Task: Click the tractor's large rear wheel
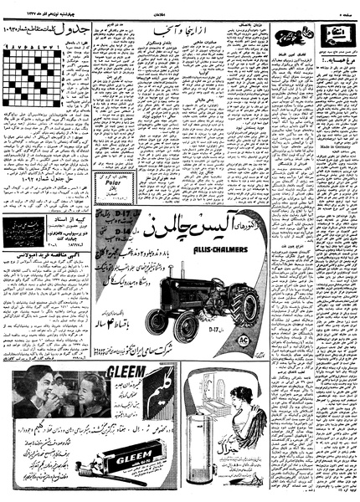[x=241, y=306]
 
